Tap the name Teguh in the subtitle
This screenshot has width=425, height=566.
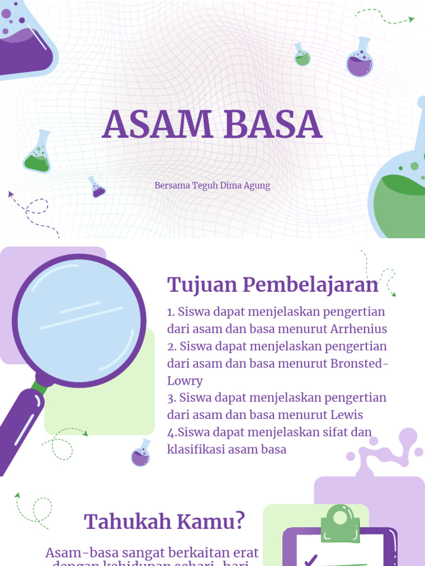[x=206, y=186]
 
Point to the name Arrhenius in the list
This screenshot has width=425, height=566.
[x=359, y=329]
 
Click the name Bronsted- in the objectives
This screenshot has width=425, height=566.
[x=359, y=363]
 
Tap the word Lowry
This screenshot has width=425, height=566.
[x=185, y=381]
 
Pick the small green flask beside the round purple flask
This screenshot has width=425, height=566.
[x=302, y=55]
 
